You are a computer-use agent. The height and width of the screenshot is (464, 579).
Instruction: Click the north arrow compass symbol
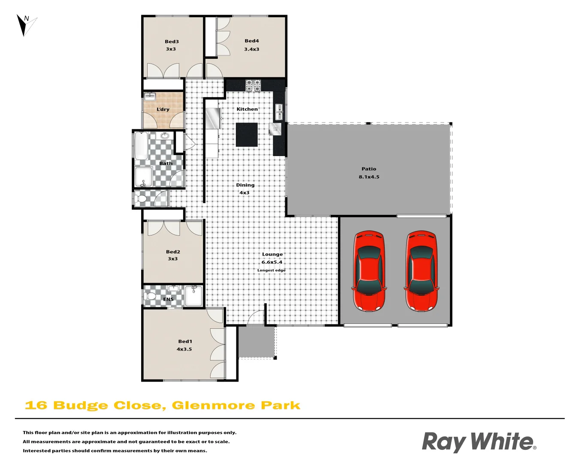(26, 25)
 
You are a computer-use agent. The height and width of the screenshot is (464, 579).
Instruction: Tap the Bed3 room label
(172, 42)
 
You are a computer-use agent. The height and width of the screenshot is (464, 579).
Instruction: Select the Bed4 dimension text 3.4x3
(252, 49)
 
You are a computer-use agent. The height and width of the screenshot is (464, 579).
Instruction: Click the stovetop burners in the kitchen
(253, 85)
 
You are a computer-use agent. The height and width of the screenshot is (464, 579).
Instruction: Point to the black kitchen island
(247, 134)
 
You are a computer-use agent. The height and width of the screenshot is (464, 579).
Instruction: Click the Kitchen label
(247, 109)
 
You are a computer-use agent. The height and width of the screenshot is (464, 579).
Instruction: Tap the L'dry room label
(163, 110)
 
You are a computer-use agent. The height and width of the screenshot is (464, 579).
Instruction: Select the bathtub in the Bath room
(141, 146)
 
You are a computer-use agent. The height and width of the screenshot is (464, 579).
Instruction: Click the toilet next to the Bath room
(140, 199)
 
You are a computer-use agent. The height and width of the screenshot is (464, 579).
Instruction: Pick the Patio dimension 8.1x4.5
(369, 177)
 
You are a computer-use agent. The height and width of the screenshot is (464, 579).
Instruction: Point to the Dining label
(245, 185)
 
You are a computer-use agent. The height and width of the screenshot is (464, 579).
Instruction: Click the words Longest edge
(271, 270)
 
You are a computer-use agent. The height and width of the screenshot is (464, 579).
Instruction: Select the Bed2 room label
(173, 252)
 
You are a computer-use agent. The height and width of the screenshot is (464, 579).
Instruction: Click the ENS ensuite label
(169, 299)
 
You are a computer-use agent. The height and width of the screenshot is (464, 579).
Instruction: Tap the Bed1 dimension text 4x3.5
(184, 349)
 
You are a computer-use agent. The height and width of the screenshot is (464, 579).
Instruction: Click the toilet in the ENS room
(151, 296)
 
